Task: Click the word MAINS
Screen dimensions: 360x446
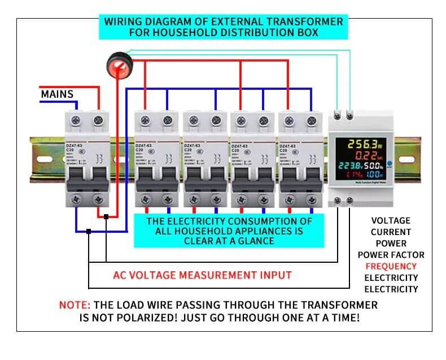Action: coord(57,93)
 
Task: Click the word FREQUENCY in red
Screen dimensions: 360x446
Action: coord(391,266)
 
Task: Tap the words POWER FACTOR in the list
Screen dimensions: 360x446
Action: coord(391,255)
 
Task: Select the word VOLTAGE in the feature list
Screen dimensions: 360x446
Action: coord(391,220)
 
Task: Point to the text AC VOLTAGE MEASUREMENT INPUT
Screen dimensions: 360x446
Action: coord(202,275)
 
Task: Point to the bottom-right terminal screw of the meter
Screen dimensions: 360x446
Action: coord(351,199)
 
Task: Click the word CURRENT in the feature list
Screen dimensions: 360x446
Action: coord(391,232)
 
